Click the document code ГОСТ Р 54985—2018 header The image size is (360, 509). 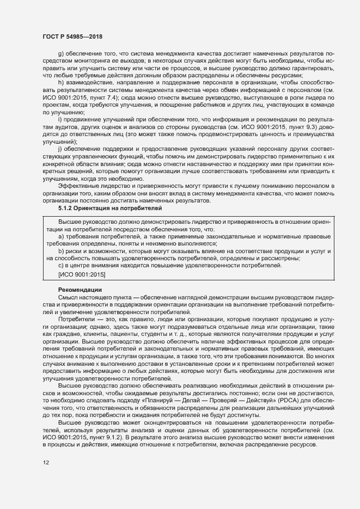(72, 36)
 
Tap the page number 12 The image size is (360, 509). (46, 463)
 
